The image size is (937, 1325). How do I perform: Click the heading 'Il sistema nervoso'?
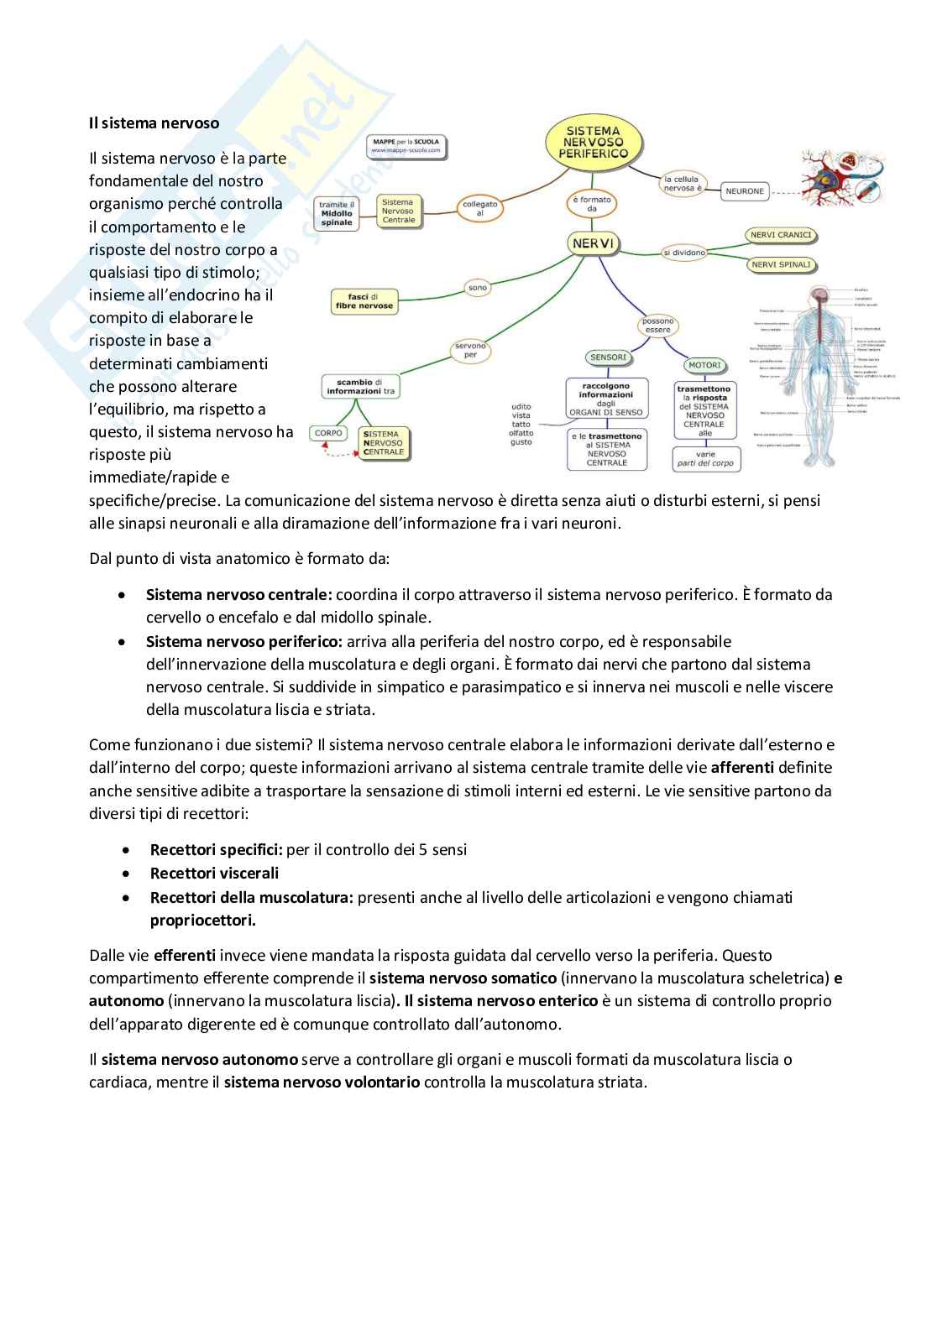(154, 123)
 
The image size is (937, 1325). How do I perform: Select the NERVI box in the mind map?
(593, 243)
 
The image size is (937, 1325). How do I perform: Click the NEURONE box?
(745, 191)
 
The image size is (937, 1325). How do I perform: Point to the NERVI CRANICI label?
(781, 236)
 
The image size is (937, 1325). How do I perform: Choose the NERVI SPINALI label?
(781, 265)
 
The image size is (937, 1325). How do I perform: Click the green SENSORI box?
(608, 357)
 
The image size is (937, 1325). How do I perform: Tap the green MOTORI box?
(704, 365)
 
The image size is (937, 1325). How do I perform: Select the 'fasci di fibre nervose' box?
(364, 301)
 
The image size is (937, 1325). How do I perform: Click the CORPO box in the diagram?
(328, 433)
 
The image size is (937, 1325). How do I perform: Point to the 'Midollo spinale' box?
(337, 213)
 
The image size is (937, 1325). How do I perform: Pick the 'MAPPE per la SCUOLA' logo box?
(406, 147)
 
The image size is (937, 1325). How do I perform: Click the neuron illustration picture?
(841, 178)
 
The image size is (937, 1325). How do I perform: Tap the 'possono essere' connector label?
(657, 326)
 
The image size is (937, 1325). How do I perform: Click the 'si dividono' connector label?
(684, 253)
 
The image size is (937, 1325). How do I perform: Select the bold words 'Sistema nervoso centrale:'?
(238, 595)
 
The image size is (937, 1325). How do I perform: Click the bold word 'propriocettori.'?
(202, 921)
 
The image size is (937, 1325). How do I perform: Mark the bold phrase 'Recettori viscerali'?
(214, 874)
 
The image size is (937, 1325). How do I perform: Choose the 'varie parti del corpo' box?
(705, 459)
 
